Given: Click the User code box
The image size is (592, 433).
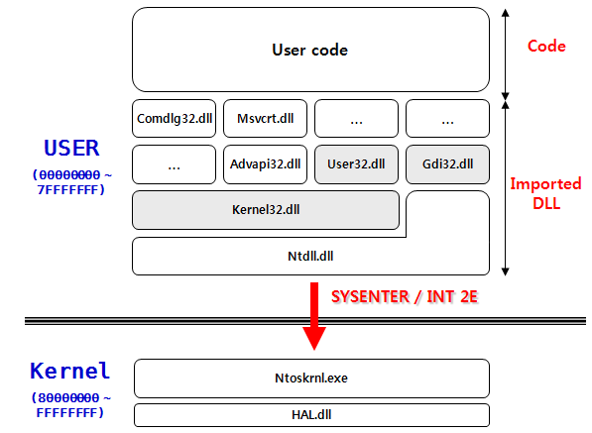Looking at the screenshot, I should click(x=310, y=50).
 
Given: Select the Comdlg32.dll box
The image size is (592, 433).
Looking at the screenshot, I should click(x=174, y=119).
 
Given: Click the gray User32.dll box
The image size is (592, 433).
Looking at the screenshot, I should click(x=356, y=164).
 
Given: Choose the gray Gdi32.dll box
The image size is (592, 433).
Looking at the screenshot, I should click(x=447, y=164).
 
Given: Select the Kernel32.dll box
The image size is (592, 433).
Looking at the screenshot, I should click(x=266, y=210).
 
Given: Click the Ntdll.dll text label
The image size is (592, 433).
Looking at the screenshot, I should click(x=310, y=256).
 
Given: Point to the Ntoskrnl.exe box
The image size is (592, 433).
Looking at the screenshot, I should click(x=310, y=378).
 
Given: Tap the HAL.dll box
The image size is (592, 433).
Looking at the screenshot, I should click(x=310, y=414).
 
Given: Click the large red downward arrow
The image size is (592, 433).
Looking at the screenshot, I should click(x=314, y=316).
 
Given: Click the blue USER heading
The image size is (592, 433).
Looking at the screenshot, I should click(x=71, y=149).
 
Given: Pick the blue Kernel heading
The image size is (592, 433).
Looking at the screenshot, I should click(x=69, y=372).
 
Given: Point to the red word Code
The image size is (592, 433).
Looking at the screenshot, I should click(x=546, y=47).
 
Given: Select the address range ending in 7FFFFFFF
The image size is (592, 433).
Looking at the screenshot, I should click(x=67, y=181).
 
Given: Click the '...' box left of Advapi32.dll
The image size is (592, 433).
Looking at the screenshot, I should click(x=174, y=164).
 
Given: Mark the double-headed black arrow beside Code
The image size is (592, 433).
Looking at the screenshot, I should click(x=506, y=50).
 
